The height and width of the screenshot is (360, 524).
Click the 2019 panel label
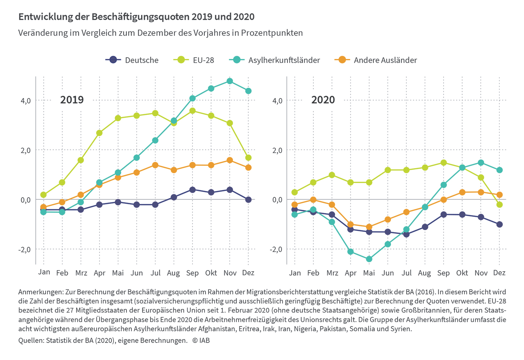tap(72, 100)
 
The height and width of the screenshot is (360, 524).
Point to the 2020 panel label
tap(323, 100)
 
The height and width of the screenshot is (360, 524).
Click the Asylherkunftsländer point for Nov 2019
tap(230, 81)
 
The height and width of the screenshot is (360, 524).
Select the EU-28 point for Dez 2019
tap(248, 158)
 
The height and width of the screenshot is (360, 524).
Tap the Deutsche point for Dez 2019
tap(248, 200)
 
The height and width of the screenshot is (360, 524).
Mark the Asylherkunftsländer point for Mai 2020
tap(369, 259)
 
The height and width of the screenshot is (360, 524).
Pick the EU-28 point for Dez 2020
tap(500, 205)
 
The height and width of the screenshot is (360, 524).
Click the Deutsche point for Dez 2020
tap(500, 224)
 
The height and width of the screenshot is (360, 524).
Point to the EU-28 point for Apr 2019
tap(99, 133)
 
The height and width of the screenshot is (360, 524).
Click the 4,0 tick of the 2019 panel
tap(26, 101)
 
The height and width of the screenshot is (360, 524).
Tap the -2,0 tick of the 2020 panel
tap(276, 249)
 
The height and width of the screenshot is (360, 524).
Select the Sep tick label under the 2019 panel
tap(192, 273)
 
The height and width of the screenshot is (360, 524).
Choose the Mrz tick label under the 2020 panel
tap(332, 273)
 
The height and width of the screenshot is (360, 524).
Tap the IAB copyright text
tap(201, 340)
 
